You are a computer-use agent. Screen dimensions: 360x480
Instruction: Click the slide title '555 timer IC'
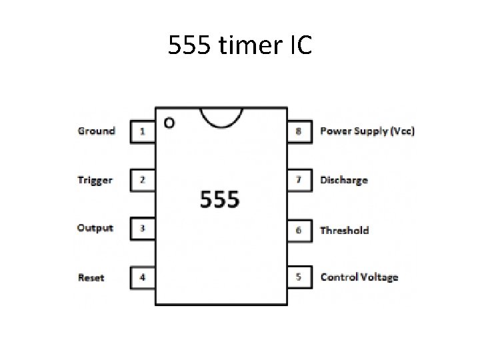coord(239,46)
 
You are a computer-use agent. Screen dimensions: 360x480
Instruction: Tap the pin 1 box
coord(143,131)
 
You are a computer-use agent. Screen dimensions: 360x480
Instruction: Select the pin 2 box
coord(143,180)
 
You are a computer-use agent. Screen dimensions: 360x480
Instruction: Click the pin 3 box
coord(143,229)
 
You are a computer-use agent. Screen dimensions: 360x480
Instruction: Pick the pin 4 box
coord(143,277)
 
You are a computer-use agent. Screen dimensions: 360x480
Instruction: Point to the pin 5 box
coord(299,277)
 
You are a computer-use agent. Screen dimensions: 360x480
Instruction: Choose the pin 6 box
coord(299,230)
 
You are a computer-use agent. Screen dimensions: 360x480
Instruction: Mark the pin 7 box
coord(299,180)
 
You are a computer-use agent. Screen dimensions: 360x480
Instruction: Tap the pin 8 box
coord(299,131)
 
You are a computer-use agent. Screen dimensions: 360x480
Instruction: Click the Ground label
coord(97,131)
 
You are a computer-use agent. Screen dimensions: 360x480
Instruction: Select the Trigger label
coord(95,180)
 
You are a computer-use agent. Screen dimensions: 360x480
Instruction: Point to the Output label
coord(95,228)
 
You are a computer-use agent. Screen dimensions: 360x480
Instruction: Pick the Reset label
coord(91,277)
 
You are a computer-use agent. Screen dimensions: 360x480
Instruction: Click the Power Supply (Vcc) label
coord(367,131)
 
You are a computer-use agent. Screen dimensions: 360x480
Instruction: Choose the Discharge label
coord(344,180)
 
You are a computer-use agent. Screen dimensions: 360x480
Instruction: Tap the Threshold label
coord(345,230)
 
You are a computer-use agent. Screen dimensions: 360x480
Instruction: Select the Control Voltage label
coord(359,277)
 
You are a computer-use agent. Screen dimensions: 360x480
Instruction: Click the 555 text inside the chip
coord(220,199)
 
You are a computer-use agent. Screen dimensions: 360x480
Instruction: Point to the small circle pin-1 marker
coord(169,123)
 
